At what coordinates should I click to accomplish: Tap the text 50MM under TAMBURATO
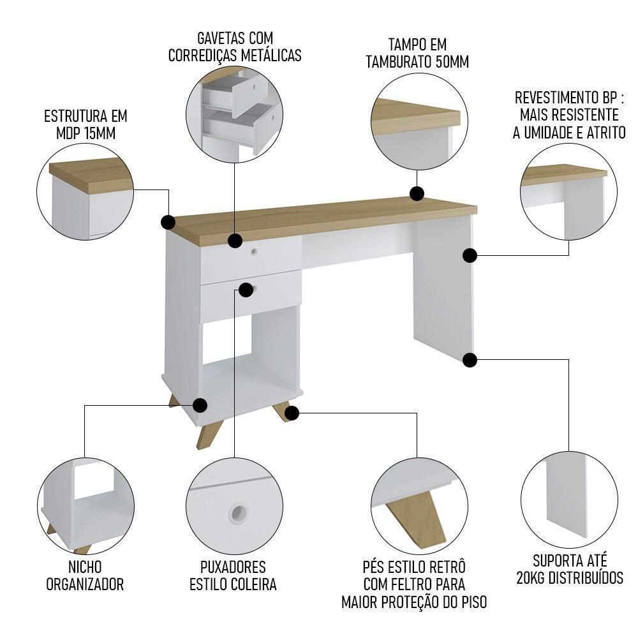coord(448,62)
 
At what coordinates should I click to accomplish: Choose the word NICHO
coord(85,567)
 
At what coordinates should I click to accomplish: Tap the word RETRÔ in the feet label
coord(447,567)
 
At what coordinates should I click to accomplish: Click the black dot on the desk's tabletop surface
coord(417,193)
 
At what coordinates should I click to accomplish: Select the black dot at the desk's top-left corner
coord(168,222)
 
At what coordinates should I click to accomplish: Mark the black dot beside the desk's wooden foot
coord(292,413)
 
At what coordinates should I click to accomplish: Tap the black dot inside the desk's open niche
coord(200,404)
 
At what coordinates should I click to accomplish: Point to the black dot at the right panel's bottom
coord(470,360)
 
